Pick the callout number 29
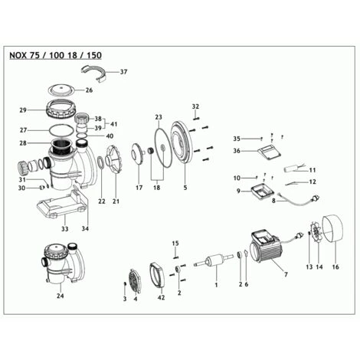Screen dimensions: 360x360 pos(23,110)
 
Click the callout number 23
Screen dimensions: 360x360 pos(159,117)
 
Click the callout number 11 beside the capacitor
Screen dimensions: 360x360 pos(313,169)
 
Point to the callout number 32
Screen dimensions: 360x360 pos(195,106)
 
